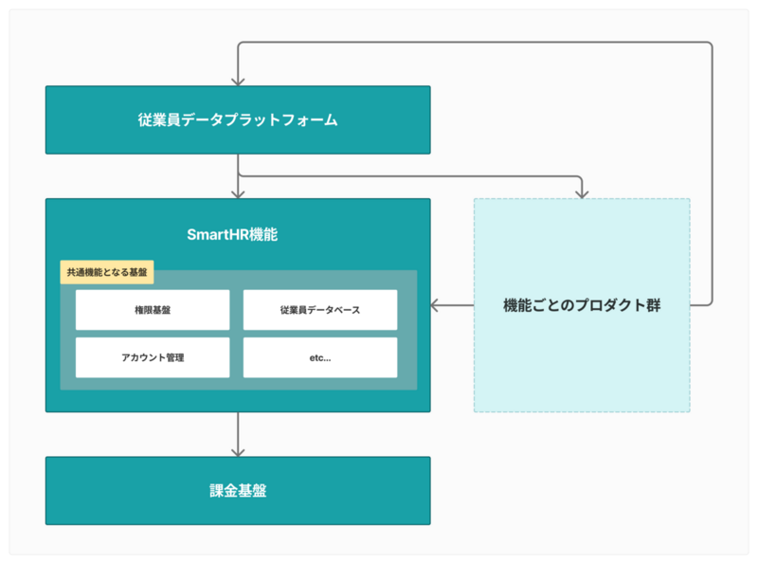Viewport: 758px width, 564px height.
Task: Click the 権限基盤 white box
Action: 153,310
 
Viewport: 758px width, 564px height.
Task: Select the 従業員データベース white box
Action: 320,310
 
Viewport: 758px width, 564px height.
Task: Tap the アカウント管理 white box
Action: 153,357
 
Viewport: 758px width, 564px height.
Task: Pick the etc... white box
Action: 320,357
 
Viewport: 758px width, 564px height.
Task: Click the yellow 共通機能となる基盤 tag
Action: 107,272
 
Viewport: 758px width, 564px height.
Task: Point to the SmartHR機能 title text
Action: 232,234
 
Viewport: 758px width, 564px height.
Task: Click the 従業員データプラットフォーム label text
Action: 238,120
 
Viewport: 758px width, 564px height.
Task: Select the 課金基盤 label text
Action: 238,490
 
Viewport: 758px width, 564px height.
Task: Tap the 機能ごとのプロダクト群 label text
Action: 582,305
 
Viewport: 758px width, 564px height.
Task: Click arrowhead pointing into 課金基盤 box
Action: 238,453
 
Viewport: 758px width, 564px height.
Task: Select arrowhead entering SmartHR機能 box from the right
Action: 434,305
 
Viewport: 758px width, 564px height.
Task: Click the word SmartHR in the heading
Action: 218,234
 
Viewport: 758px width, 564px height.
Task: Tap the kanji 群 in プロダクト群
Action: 653,305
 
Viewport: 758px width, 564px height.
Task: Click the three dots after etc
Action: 327,360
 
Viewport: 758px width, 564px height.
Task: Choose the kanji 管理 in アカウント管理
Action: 174,357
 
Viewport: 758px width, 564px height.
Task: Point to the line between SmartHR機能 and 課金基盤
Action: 238,434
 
